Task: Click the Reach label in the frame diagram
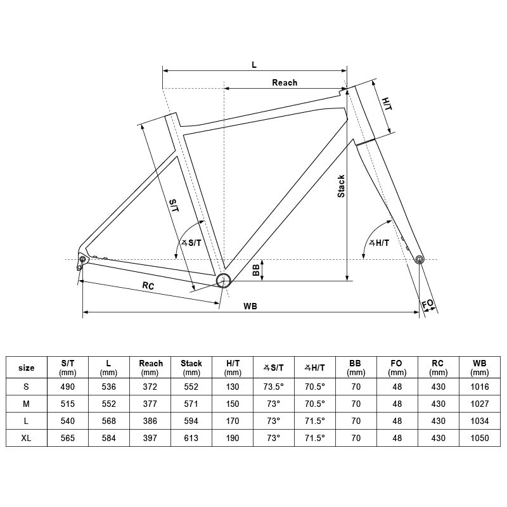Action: tap(285, 82)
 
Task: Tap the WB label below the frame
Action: tap(250, 306)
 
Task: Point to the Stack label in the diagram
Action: tap(341, 186)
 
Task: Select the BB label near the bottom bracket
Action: tap(256, 270)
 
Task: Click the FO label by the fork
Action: tap(428, 304)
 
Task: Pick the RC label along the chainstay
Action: tap(148, 286)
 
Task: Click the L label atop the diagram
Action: tap(254, 65)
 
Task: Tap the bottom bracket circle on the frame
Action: tap(223, 280)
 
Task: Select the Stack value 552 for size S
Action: tap(191, 387)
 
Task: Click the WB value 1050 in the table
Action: tap(480, 438)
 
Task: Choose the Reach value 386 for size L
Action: tap(151, 421)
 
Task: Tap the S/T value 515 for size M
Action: tap(68, 404)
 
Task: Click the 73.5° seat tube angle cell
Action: tap(274, 387)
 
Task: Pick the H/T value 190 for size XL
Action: tap(233, 438)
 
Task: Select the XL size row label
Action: tap(26, 438)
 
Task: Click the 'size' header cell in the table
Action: tap(26, 368)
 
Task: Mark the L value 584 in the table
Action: tap(109, 438)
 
